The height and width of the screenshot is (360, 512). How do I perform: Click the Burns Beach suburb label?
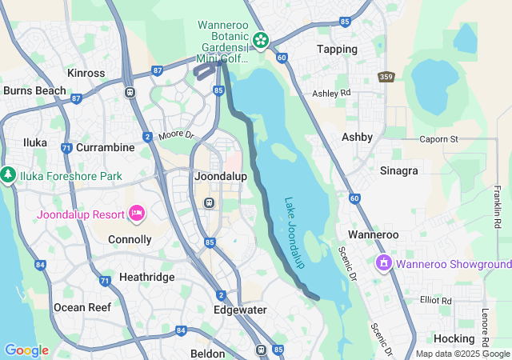coord(34,90)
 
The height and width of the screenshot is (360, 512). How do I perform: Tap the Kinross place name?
coord(86,73)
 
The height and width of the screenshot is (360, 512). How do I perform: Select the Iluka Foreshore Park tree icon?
coord(8,174)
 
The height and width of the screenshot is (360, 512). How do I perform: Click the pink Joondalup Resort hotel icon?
coord(136,213)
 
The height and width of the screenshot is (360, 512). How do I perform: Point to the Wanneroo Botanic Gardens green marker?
coord(260,39)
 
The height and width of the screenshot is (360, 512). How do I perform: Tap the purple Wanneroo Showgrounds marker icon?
coord(384,262)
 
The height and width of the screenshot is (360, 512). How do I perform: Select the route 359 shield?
coord(386,76)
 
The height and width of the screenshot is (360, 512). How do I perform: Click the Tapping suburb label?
coord(337,49)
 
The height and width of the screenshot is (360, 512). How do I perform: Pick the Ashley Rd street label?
coord(331,94)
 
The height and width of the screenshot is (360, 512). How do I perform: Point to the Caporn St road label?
coord(438,139)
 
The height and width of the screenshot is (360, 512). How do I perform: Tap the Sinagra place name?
coord(398,170)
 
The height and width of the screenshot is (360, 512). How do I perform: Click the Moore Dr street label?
coord(176,136)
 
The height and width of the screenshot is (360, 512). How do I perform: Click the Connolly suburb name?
coord(129,239)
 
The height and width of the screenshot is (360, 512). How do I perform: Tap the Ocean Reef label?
coord(80,307)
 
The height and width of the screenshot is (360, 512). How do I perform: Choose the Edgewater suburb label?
coord(241,310)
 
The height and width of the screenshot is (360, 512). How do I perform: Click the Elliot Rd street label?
coord(435,300)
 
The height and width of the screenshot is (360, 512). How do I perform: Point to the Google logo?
coord(26,350)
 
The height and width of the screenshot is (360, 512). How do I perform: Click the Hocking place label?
coord(454,338)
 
